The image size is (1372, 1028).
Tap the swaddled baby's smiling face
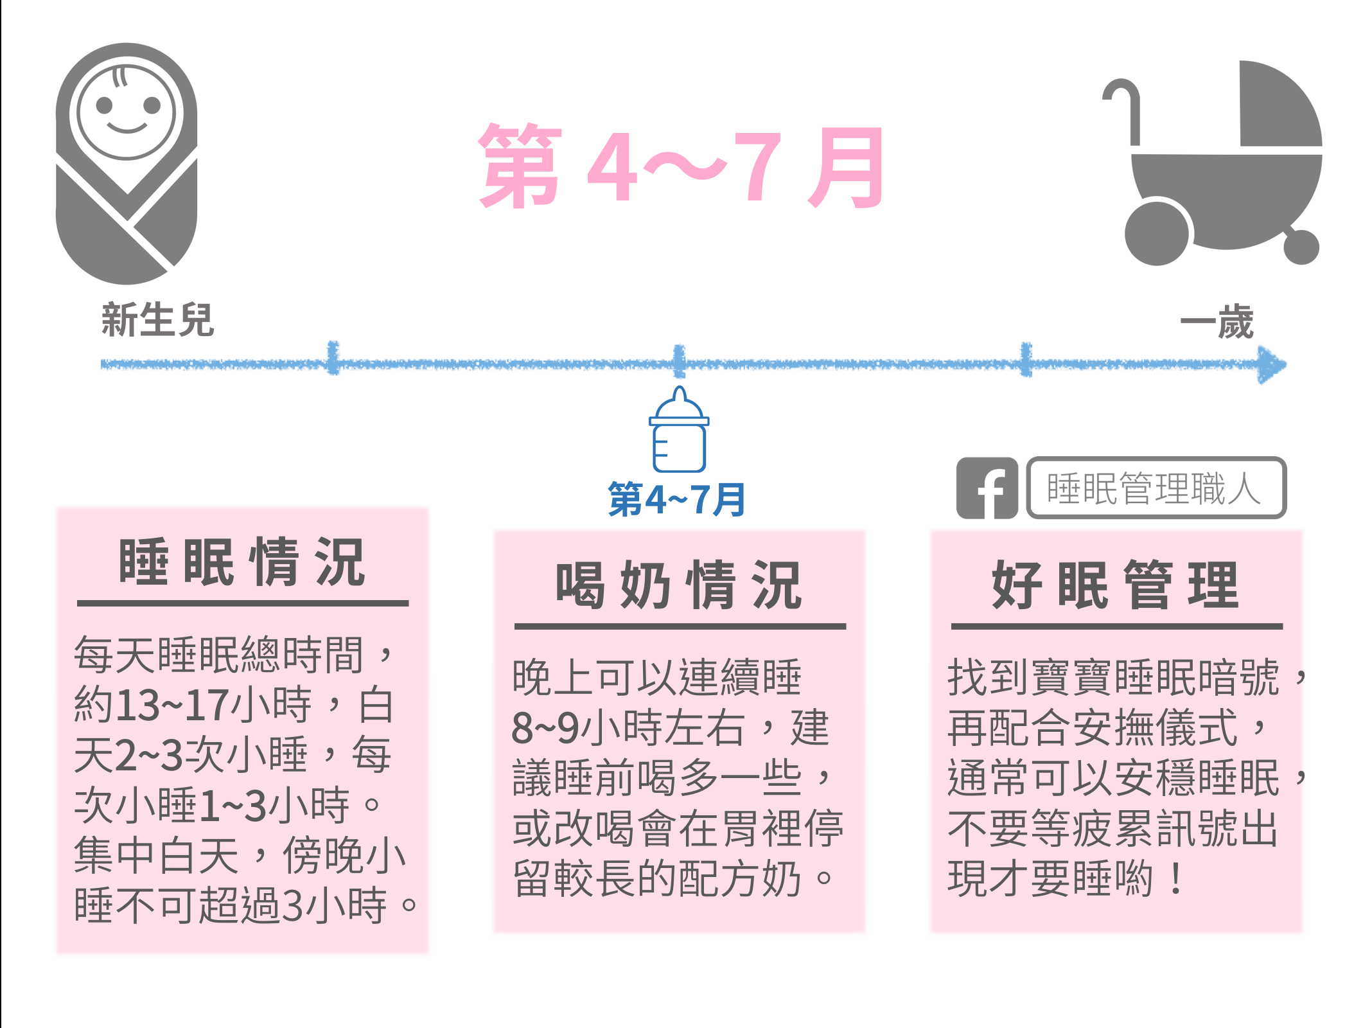pos(127,111)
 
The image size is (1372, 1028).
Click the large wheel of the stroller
pos(1157,233)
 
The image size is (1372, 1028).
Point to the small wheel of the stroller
pos(1301,247)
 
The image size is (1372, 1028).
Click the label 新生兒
pos(157,319)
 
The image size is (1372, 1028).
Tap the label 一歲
pos(1217,322)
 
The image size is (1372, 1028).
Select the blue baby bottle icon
pos(679,429)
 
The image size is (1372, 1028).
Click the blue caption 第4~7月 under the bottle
pos(676,499)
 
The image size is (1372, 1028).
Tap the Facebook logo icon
pos(987,488)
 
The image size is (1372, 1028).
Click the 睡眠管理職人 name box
pos(1156,488)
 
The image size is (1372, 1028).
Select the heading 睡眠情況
pos(242,562)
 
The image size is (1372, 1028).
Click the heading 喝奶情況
pos(679,585)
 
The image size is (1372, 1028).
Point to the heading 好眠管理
pos(1116,585)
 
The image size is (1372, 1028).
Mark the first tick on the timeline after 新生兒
pos(332,358)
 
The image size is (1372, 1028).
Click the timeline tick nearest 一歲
pos(1026,359)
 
